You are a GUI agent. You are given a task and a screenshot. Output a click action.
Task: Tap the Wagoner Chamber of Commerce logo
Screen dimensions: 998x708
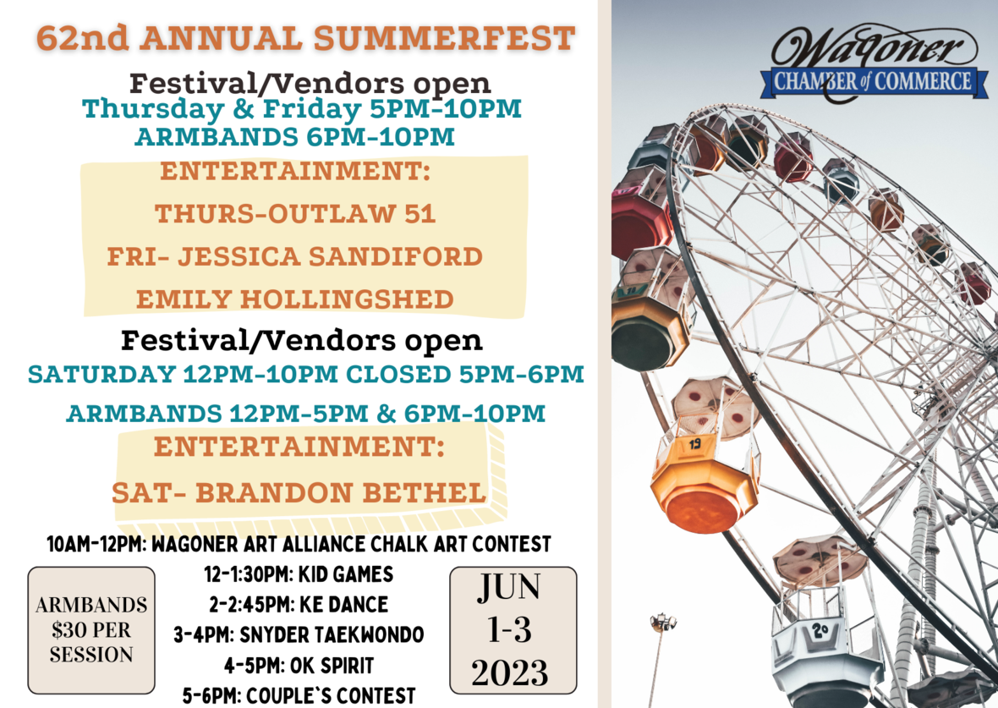coord(875,63)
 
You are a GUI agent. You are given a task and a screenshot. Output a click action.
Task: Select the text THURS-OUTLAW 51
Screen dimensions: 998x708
coord(294,214)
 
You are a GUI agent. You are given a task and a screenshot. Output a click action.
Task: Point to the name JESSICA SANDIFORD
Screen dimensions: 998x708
coord(330,256)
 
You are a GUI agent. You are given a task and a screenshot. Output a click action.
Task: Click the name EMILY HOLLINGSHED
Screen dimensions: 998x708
coord(294,299)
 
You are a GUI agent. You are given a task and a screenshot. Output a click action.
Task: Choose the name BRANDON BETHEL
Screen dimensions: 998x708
coord(341,493)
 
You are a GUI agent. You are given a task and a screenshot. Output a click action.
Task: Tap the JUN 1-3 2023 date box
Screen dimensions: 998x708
coord(513,630)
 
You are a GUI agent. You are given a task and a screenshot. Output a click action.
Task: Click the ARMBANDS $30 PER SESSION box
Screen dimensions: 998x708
coord(91,629)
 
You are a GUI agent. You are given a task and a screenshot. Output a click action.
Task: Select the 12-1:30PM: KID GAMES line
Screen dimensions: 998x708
coord(299,574)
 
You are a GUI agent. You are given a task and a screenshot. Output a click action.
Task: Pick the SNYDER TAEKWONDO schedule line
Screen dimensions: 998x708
coord(299,634)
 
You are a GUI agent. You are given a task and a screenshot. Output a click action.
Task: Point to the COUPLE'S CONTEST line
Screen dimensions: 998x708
coord(299,695)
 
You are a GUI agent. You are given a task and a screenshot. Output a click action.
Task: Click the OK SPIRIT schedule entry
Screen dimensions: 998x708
coord(299,666)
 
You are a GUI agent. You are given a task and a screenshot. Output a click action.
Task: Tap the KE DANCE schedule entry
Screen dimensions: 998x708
coord(299,604)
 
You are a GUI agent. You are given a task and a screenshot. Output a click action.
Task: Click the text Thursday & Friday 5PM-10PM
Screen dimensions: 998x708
coord(302,109)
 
